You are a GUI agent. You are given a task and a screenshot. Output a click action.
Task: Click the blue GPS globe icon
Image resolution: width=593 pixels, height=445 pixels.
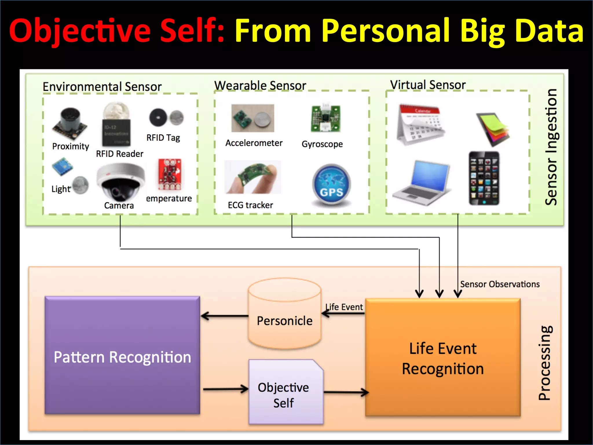[x=332, y=185]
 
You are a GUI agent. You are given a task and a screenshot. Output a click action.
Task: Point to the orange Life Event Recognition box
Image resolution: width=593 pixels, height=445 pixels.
[x=443, y=358]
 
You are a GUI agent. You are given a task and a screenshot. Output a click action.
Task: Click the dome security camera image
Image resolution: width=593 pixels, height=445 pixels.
[x=120, y=182]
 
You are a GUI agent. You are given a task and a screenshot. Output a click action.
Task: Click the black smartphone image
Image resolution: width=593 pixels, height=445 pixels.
[x=484, y=178]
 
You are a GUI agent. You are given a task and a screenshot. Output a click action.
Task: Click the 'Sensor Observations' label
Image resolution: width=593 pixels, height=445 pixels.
[x=500, y=284]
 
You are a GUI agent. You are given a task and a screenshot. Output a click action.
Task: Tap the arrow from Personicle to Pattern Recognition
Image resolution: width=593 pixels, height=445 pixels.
[x=224, y=316]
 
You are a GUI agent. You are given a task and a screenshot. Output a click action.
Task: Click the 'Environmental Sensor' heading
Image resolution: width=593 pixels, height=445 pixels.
[x=102, y=87]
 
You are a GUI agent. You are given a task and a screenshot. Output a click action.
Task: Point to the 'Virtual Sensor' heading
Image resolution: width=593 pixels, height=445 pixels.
[x=428, y=85]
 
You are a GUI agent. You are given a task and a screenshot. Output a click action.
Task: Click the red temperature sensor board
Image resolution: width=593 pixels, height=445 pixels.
[x=170, y=174]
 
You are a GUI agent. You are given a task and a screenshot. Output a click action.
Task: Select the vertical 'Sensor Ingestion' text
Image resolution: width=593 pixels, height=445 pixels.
[x=551, y=147]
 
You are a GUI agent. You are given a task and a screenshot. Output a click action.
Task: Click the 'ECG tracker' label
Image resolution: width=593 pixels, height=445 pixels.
[x=250, y=205]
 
